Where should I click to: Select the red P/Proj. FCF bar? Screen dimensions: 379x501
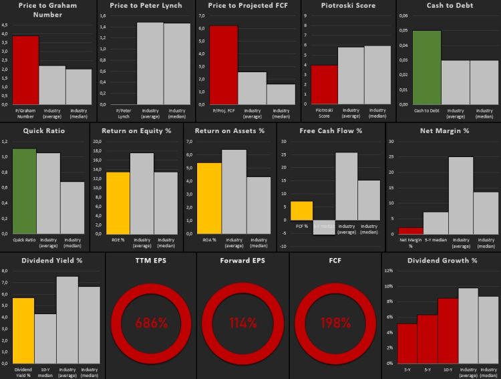pos(223,64)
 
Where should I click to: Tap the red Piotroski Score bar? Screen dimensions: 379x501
pos(324,84)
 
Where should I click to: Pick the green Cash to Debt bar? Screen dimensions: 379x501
pos(426,67)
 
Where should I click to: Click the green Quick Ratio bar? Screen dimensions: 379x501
pos(24,191)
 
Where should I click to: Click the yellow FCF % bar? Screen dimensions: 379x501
pos(301,211)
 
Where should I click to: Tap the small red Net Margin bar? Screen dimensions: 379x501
pos(411,231)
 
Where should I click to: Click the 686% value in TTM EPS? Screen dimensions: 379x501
pos(152,323)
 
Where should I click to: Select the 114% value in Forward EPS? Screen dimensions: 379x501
pos(243,323)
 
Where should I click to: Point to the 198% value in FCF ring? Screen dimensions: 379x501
pos(335,323)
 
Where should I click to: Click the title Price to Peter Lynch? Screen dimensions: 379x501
pos(146,5)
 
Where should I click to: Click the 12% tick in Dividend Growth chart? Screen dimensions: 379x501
pos(389,271)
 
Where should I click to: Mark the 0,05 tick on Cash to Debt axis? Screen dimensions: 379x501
pos(403,30)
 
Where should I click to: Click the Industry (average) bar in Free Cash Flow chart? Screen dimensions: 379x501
pos(346,186)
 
